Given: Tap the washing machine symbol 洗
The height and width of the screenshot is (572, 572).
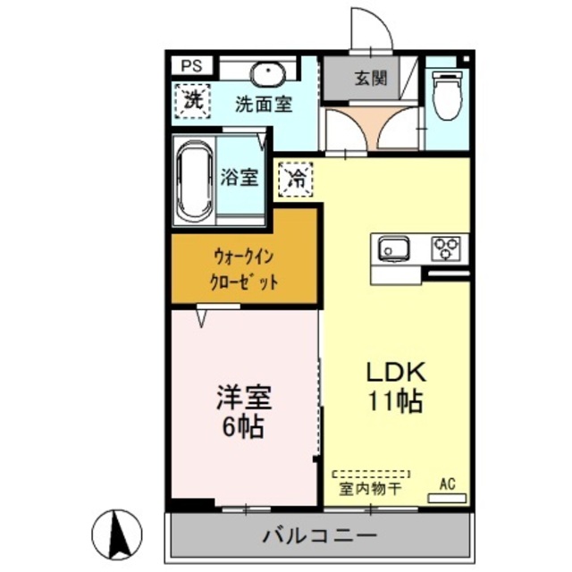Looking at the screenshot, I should click(192, 99).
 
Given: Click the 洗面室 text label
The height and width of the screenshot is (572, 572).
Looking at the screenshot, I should click(264, 104).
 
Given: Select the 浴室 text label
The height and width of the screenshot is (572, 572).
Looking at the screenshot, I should click(240, 177).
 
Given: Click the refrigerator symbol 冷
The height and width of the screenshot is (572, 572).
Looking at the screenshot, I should click(297, 179).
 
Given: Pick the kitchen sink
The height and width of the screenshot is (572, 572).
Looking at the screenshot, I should click(393, 248).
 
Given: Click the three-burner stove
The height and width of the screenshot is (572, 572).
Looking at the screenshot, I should click(445, 247).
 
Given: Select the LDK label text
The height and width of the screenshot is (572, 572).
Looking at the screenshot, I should click(393, 374).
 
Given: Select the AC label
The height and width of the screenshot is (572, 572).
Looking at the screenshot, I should click(447, 484).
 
